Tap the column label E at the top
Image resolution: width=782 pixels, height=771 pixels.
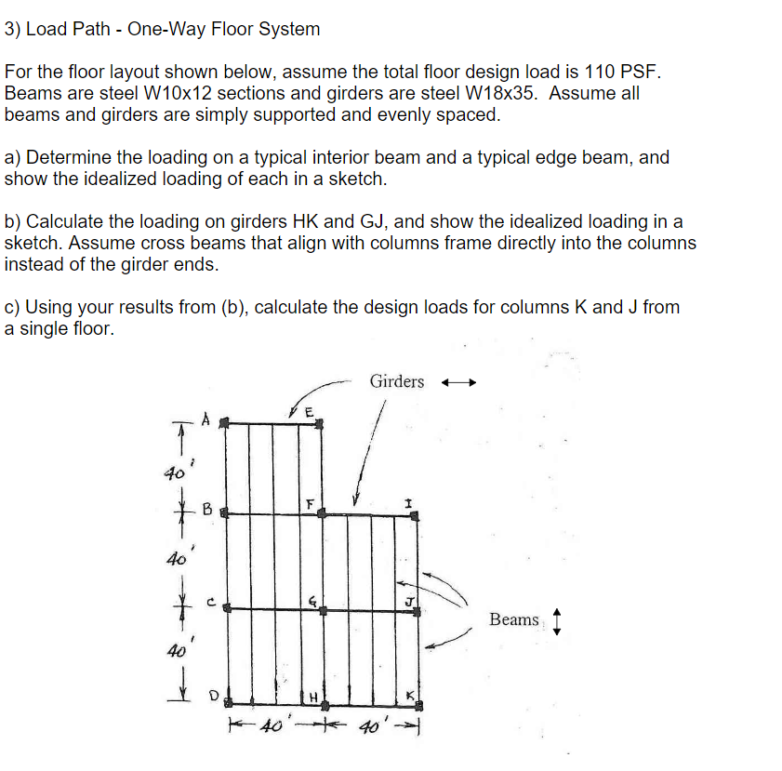click(310, 412)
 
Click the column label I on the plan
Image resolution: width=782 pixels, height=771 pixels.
click(407, 502)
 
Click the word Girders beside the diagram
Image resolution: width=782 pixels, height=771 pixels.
click(396, 381)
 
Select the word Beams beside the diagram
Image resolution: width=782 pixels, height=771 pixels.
click(513, 619)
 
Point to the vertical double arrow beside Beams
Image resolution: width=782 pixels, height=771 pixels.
click(556, 620)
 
